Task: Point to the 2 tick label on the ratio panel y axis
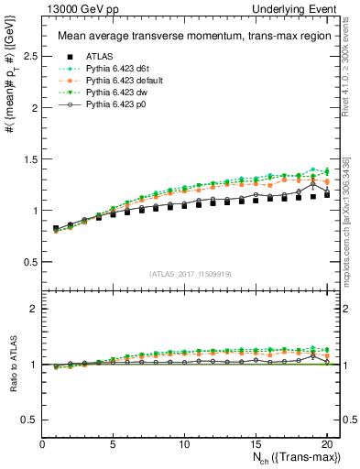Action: coord(33,309)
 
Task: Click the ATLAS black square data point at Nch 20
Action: coord(327,194)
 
